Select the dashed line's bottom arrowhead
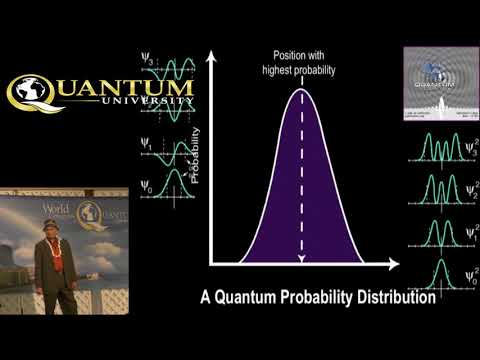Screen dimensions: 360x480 pyautogui.click(x=301, y=261)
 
